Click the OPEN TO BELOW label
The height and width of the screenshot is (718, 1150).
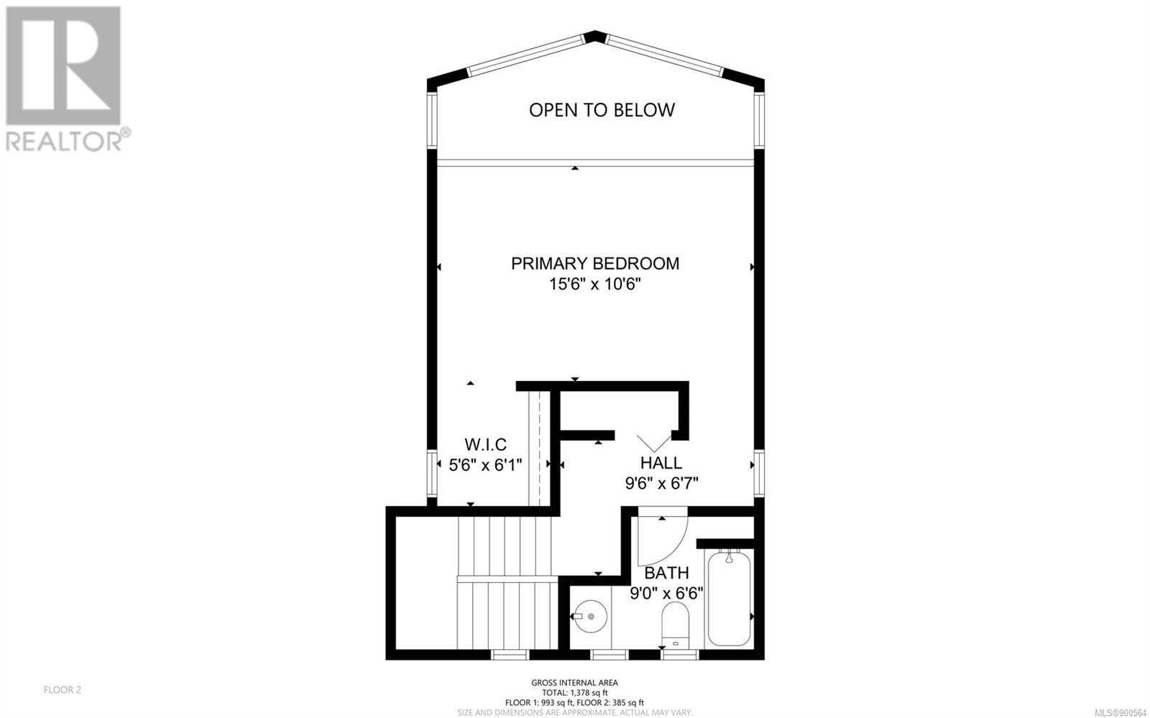pyautogui.click(x=602, y=110)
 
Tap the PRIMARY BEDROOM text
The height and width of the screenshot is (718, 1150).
pyautogui.click(x=595, y=263)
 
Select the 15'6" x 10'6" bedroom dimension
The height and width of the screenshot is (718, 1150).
pyautogui.click(x=595, y=284)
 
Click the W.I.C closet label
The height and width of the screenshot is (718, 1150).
pyautogui.click(x=485, y=444)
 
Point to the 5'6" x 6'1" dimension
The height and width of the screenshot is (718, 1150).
pyautogui.click(x=485, y=465)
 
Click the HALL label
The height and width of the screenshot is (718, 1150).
pyautogui.click(x=661, y=463)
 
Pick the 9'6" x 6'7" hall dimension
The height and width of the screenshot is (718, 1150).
pyautogui.click(x=661, y=484)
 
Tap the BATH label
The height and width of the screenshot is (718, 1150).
pyautogui.click(x=666, y=573)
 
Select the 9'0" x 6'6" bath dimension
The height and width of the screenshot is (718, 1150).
pyautogui.click(x=666, y=594)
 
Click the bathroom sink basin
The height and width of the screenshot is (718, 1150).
pyautogui.click(x=590, y=616)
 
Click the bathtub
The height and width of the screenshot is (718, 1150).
pyautogui.click(x=729, y=598)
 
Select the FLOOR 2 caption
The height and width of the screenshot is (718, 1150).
pyautogui.click(x=62, y=690)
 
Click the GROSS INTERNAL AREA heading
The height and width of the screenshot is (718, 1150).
pyautogui.click(x=574, y=683)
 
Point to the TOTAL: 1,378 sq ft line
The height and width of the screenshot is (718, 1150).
pyautogui.click(x=574, y=693)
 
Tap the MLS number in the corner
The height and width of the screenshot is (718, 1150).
pyautogui.click(x=1121, y=713)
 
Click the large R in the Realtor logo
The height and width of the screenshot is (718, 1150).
pyautogui.click(x=63, y=65)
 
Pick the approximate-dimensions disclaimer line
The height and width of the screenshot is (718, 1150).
pyautogui.click(x=574, y=712)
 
